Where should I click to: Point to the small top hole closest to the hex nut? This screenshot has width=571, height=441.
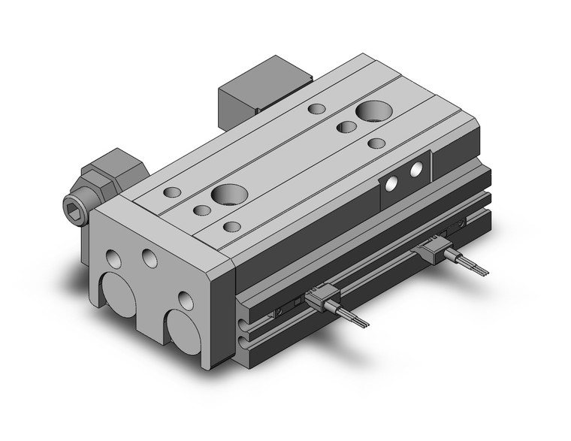point(172,192)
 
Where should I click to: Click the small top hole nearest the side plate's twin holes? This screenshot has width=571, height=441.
point(376,142)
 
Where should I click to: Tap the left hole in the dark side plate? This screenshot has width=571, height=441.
point(391,183)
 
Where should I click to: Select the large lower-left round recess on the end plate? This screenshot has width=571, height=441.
point(119,292)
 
